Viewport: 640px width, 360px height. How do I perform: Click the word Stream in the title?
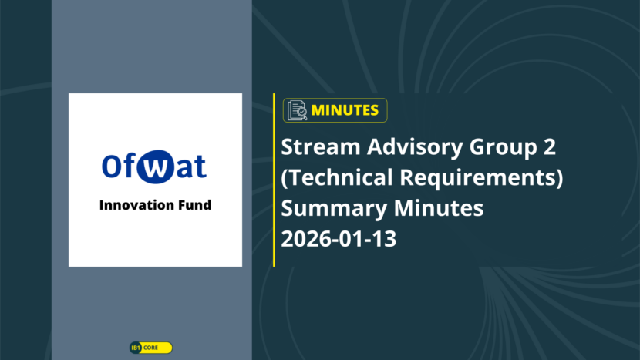coord(321,146)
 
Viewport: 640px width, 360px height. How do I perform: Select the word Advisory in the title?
coord(415,148)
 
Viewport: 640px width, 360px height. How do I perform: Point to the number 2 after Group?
coord(550,146)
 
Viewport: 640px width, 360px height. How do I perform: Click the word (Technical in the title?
coord(337,178)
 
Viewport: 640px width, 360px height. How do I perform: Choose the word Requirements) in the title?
coord(481,178)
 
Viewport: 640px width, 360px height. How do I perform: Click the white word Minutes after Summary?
coord(439,208)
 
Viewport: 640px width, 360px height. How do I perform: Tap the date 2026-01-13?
coord(339,239)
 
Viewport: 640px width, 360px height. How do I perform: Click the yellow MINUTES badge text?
coord(345,110)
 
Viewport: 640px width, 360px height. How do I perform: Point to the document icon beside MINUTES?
coord(297,110)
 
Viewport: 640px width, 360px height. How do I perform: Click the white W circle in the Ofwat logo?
coord(155,167)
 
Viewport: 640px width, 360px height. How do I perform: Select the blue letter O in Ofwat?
coord(110,166)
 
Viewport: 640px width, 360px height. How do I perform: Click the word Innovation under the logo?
coord(131,205)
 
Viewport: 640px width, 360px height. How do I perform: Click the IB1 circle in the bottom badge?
coord(136,348)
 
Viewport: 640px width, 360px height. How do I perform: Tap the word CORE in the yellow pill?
coord(150,348)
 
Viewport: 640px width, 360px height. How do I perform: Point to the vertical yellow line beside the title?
coord(274,180)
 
